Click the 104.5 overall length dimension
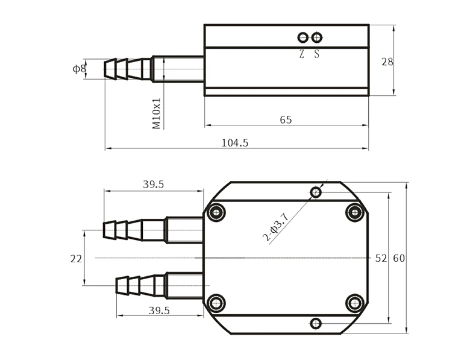pyautogui.click(x=235, y=143)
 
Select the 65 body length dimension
pyautogui.click(x=286, y=120)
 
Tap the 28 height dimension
pyautogui.click(x=387, y=62)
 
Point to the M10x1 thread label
pyautogui.click(x=157, y=113)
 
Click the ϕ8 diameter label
pyautogui.click(x=80, y=69)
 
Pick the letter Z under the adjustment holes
pyautogui.click(x=302, y=54)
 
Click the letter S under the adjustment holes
pyautogui.click(x=317, y=54)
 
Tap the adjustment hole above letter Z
pyautogui.click(x=302, y=38)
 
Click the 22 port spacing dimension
pyautogui.click(x=76, y=259)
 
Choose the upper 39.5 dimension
pyautogui.click(x=153, y=185)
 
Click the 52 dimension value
pyautogui.click(x=380, y=258)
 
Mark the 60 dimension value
pyautogui.click(x=399, y=258)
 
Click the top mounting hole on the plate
pyautogui.click(x=315, y=192)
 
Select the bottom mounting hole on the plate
pyautogui.click(x=315, y=324)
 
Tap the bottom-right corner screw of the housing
pyautogui.click(x=355, y=303)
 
